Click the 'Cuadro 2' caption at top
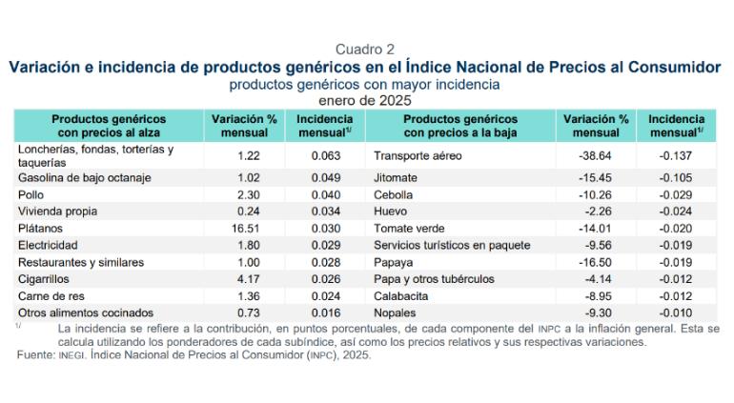366,50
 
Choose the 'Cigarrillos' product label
46,279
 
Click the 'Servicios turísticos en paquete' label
452,245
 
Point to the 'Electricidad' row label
49,245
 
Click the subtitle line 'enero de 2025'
366,99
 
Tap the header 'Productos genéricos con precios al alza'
110,126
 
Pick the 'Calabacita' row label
402,296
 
